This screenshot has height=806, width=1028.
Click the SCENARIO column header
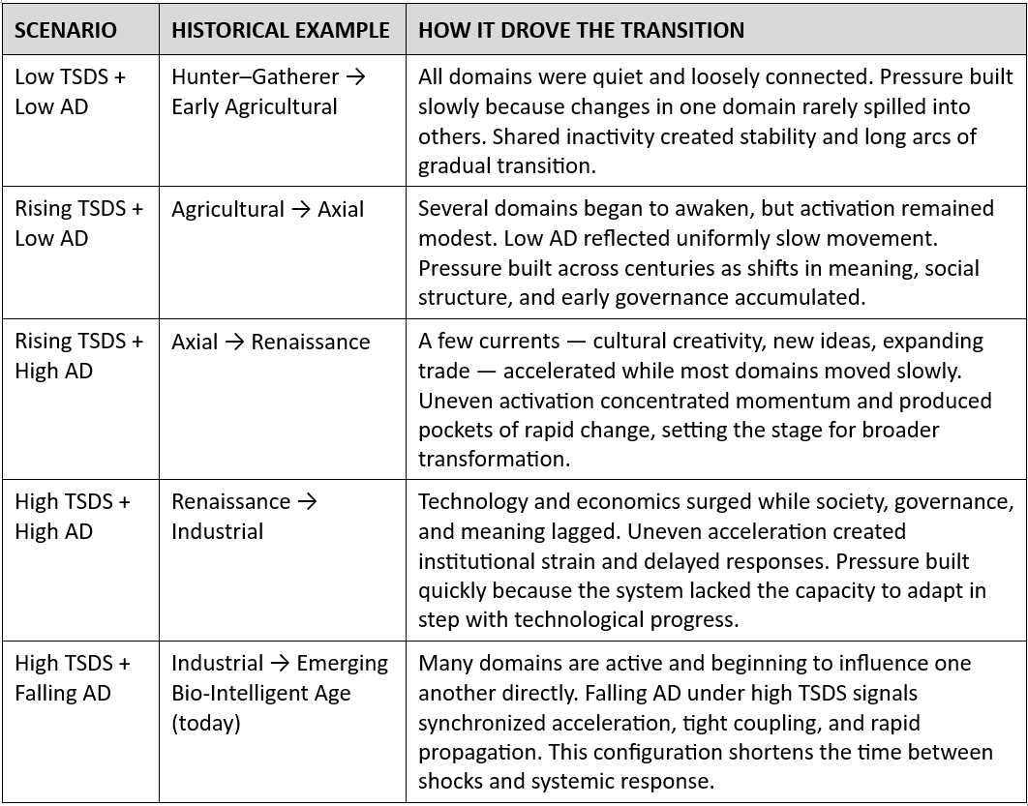pyautogui.click(x=65, y=30)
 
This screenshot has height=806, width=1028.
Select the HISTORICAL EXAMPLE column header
pyautogui.click(x=280, y=30)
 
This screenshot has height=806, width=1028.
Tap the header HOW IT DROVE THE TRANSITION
pyautogui.click(x=581, y=30)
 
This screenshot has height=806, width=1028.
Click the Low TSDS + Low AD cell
pyautogui.click(x=70, y=91)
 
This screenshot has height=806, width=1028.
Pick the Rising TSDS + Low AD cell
pyautogui.click(x=78, y=224)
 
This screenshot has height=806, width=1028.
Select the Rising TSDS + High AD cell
pyautogui.click(x=78, y=356)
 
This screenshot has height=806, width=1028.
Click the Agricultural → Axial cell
pyautogui.click(x=267, y=210)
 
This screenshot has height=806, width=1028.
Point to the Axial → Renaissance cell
pyautogui.click(x=270, y=342)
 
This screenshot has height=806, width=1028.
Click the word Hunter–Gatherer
pyautogui.click(x=255, y=77)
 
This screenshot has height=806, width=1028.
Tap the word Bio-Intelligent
pyautogui.click(x=241, y=693)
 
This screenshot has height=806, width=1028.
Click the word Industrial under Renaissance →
pyautogui.click(x=217, y=531)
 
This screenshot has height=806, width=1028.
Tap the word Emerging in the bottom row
pyautogui.click(x=342, y=663)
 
